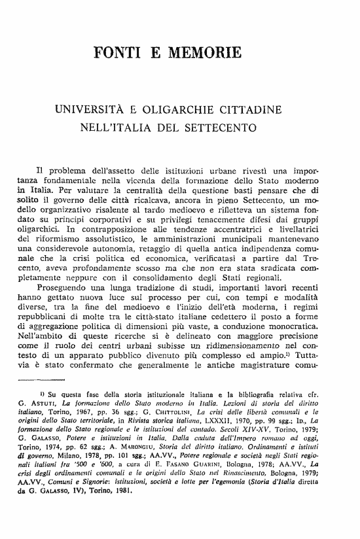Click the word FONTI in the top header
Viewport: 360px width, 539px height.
tap(118, 52)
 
